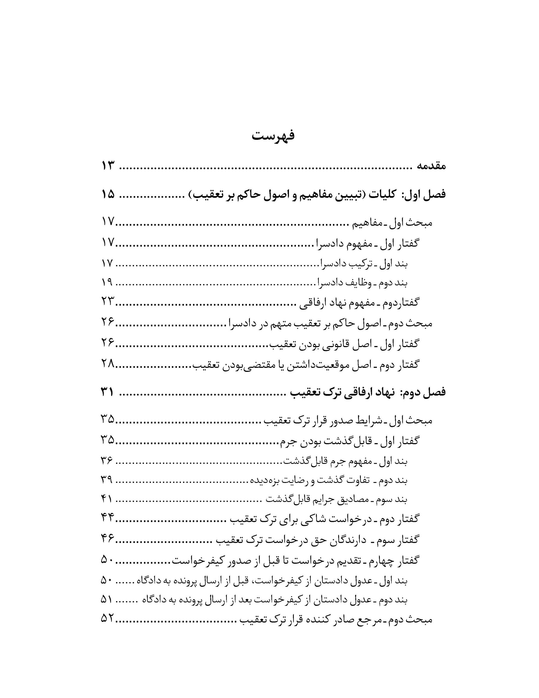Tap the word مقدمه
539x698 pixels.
tap(430, 166)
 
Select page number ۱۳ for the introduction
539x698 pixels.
tap(108, 166)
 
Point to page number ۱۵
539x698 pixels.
tap(108, 195)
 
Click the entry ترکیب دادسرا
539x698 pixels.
tap(345, 264)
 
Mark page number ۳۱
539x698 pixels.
tap(108, 392)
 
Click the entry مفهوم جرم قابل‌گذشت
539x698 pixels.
tap(328, 461)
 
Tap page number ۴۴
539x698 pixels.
tap(108, 518)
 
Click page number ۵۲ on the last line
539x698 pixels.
tap(108, 619)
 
